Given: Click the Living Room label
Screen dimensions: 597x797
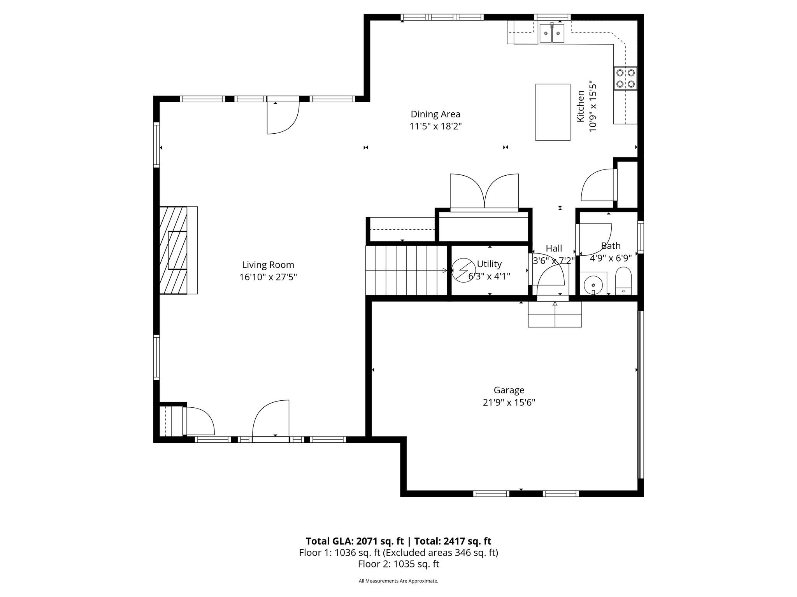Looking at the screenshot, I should pos(268,265).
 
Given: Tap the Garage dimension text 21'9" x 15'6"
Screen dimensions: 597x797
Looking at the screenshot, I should pos(509,402).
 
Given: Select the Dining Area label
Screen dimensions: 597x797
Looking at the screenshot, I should pos(435,114).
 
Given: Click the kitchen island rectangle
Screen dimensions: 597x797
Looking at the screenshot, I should pos(553,112).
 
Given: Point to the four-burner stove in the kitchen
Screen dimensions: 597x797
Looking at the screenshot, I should pos(625,78).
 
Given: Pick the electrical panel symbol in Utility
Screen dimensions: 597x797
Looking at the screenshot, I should pos(463,270).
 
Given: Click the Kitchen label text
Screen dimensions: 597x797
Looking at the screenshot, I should pos(580,106).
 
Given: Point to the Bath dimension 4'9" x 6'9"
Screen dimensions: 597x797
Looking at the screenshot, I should pos(610,258).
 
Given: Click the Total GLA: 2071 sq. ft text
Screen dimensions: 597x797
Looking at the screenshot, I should pos(355,541).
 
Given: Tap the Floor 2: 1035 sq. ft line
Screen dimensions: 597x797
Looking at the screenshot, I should pos(398,564).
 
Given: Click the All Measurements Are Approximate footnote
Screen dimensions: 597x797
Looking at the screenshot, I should pos(398,581).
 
